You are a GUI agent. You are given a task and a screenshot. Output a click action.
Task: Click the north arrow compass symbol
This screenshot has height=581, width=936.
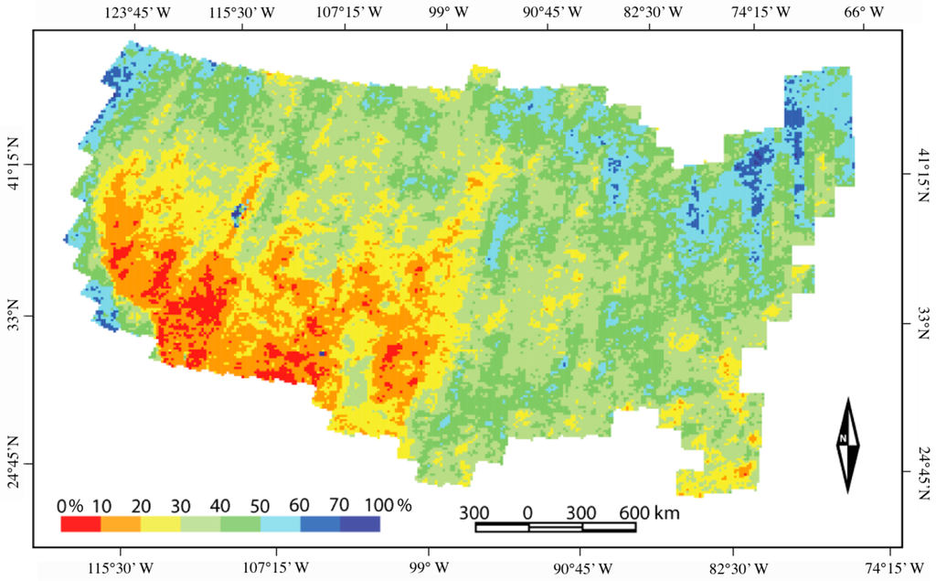coord(847,445)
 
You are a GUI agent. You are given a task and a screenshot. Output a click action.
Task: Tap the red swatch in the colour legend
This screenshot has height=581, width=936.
coord(80,524)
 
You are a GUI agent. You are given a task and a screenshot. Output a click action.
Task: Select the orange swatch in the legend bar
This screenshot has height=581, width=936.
coord(120,524)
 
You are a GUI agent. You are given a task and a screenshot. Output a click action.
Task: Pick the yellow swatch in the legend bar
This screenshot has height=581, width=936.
coord(160,524)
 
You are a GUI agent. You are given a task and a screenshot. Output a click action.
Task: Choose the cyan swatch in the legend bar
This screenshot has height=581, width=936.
coord(280,524)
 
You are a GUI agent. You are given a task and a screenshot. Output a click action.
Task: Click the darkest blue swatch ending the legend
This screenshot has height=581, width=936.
coord(359,524)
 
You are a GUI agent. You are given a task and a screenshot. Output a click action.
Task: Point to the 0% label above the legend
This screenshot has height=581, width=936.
coord(70,506)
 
